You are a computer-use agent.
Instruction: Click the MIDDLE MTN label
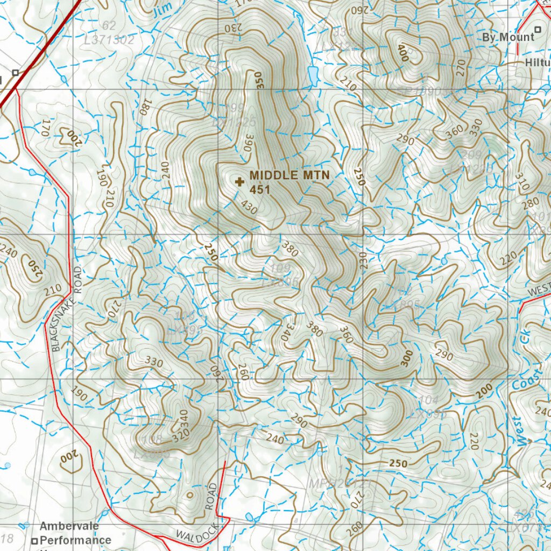[289, 175]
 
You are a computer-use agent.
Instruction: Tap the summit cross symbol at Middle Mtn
[240, 182]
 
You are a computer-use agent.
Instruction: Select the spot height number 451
[259, 189]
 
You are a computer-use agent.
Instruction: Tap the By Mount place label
[508, 37]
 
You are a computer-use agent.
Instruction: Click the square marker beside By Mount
[538, 29]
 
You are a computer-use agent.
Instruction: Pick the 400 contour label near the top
[402, 53]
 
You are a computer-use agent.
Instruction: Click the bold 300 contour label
[407, 358]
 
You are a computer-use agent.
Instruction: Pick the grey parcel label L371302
[109, 39]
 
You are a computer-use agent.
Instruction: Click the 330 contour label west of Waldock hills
[154, 362]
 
